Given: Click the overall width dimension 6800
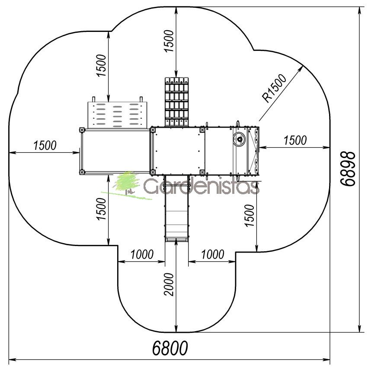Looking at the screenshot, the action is (x=170, y=348).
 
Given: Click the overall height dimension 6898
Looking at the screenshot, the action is (x=348, y=168).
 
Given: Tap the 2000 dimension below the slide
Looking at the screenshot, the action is (x=169, y=285).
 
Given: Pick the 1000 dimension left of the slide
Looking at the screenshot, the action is (x=142, y=254).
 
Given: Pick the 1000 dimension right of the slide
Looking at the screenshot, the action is (x=212, y=254).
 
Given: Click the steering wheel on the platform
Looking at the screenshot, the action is (x=239, y=139).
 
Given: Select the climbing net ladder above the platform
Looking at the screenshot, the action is (x=176, y=102).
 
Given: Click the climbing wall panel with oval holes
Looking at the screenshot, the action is (x=117, y=115).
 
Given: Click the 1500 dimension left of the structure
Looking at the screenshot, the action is (x=45, y=145).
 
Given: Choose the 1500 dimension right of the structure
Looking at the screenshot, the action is (x=295, y=140).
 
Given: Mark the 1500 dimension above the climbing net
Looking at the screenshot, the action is (x=169, y=41).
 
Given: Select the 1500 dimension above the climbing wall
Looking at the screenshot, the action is (x=101, y=65).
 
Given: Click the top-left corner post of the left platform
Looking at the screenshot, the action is (x=82, y=130).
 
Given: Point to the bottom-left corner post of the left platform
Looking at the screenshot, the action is (x=82, y=172).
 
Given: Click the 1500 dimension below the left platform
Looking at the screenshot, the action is (x=101, y=209).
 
